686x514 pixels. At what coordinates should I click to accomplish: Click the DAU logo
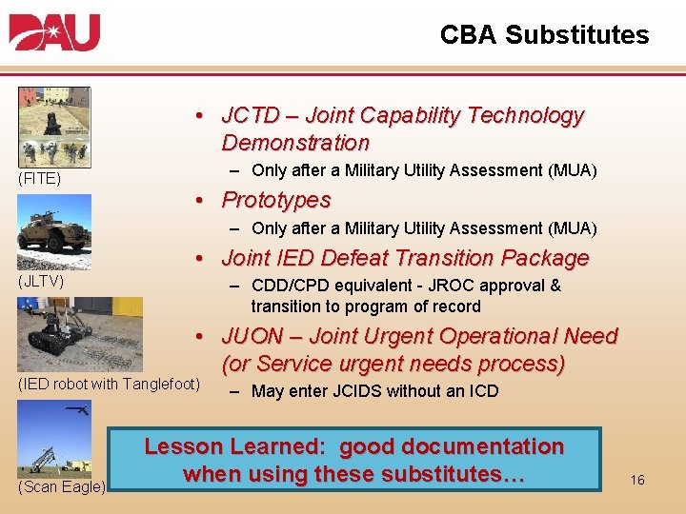55,33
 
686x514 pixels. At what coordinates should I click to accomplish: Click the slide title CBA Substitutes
544,35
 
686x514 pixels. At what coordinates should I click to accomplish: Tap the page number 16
637,480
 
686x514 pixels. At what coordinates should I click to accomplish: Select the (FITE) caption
38,177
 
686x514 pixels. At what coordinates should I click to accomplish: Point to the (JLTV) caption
40,282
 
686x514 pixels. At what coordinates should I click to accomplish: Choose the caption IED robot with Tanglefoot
110,384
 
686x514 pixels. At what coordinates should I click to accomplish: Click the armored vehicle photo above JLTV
54,232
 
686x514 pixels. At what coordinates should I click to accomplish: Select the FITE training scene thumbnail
53,126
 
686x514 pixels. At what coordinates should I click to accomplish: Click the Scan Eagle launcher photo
53,438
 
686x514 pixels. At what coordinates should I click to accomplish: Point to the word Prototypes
276,201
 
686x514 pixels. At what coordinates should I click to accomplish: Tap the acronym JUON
252,337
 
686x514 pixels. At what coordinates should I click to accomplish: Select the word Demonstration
295,144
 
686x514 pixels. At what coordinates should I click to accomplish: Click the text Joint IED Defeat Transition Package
405,259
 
